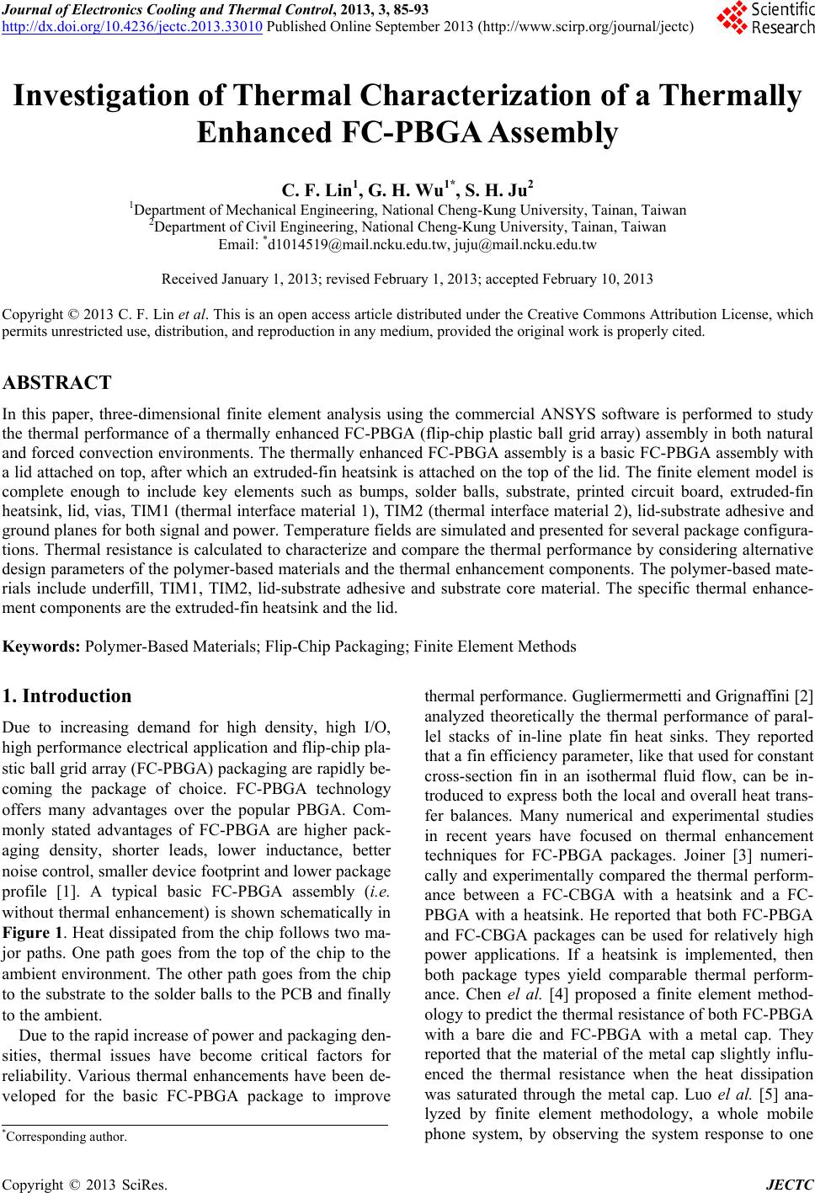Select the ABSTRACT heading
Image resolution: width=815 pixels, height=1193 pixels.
[x=57, y=384]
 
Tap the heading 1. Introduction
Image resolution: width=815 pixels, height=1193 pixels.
[x=67, y=696]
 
